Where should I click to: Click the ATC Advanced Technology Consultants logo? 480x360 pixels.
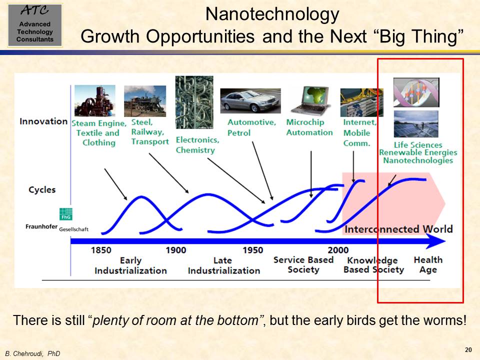click(35, 25)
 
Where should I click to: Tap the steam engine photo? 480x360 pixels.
click(95, 100)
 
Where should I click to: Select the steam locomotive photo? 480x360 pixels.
click(145, 101)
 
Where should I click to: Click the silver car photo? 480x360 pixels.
click(250, 100)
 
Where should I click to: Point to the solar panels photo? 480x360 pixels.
click(416, 123)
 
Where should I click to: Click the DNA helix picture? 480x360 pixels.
click(416, 92)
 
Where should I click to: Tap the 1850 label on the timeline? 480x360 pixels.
click(101, 250)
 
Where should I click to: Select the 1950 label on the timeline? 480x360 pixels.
click(253, 250)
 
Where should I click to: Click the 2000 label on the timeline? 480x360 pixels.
click(338, 250)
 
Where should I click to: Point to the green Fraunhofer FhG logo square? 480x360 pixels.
click(66, 214)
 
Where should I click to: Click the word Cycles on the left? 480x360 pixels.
click(42, 190)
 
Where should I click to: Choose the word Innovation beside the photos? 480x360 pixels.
click(43, 121)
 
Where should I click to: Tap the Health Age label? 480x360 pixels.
click(428, 265)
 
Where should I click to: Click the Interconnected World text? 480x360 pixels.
click(398, 229)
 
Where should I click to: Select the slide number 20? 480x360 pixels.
click(468, 349)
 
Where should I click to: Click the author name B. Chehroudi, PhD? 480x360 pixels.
click(32, 353)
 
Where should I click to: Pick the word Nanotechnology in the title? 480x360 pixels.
click(272, 14)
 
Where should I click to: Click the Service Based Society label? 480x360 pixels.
click(303, 265)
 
